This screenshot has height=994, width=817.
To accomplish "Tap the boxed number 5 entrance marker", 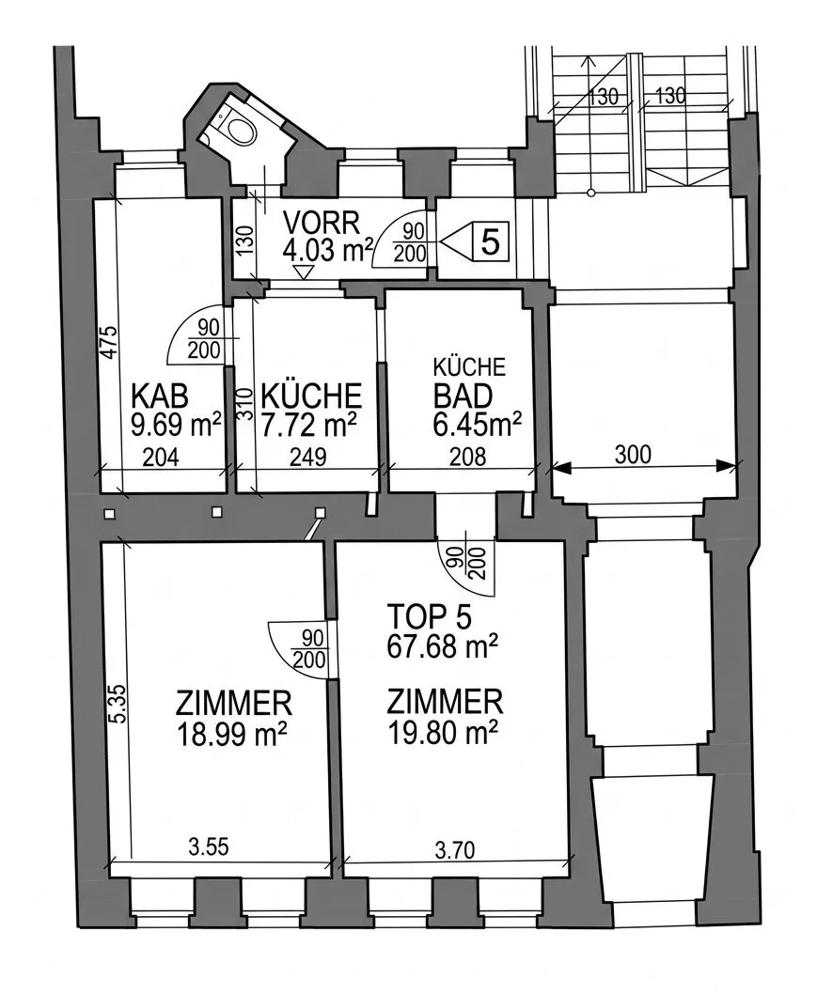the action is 491,241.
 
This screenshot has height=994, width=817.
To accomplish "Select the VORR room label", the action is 322,224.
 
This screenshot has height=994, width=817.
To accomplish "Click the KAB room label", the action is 160,396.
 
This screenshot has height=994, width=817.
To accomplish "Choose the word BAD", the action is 463,396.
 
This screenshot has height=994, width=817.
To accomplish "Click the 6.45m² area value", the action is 478,424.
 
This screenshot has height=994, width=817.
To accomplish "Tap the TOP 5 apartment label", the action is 430,617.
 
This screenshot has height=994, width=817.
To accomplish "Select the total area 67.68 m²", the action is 442,647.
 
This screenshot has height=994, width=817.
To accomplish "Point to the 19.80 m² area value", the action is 442,734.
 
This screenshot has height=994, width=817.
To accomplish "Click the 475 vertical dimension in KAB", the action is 110,343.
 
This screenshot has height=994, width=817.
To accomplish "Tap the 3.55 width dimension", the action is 209,846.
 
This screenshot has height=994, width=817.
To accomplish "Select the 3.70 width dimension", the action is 455,849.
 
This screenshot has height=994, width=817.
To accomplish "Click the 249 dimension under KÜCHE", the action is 308,457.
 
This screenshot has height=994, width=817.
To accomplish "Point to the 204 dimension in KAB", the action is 161,457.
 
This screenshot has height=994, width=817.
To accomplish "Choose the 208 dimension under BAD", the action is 467,456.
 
